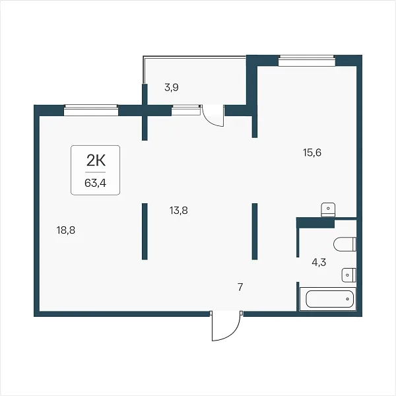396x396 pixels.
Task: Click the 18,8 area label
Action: (x=66, y=230)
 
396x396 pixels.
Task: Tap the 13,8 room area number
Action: (x=179, y=210)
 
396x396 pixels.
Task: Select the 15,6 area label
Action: (x=312, y=152)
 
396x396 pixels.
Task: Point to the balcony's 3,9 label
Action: (x=172, y=88)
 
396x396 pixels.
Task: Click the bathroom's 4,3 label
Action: (x=319, y=263)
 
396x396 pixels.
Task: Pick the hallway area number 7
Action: (x=240, y=287)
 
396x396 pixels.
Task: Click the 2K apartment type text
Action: (x=96, y=160)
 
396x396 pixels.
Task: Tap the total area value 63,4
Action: (x=95, y=183)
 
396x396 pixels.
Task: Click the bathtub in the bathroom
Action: (x=328, y=299)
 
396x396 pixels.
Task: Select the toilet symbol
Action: (x=345, y=244)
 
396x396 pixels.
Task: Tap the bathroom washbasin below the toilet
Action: (x=348, y=275)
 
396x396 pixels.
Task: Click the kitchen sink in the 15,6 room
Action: (x=328, y=210)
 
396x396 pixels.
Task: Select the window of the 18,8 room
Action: (x=91, y=110)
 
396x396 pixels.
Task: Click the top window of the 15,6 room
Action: (x=307, y=61)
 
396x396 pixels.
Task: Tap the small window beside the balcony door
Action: (x=186, y=110)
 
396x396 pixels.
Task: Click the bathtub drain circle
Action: (x=348, y=299)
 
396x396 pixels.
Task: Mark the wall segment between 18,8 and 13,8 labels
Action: (x=145, y=232)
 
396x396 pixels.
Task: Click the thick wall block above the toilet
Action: (x=315, y=222)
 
